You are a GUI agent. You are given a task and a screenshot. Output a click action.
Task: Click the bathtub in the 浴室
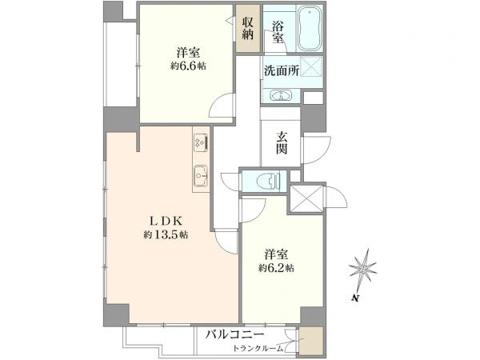point(309,28)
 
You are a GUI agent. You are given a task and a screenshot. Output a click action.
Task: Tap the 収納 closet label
point(248,29)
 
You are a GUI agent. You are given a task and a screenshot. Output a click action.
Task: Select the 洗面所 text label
point(282,71)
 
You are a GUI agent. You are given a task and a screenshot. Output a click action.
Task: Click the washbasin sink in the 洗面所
point(281,95)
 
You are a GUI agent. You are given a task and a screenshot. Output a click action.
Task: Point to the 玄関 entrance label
point(282,142)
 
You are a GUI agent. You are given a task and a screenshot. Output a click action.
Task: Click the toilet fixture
point(270,181)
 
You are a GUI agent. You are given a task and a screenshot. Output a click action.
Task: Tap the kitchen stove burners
point(201,142)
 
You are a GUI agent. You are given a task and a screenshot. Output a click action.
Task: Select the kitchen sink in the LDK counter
point(201,176)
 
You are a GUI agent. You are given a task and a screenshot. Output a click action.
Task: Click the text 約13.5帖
point(166,234)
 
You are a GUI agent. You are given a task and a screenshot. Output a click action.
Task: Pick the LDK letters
point(166,221)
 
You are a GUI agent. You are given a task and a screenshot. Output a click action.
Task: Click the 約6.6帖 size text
point(188,66)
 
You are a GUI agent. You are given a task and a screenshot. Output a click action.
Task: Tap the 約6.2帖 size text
point(276,268)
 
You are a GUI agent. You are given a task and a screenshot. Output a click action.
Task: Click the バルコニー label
point(234,334)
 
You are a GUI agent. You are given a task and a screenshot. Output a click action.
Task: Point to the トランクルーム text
point(258,348)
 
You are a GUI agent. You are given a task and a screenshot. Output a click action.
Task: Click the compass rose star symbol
point(363,270)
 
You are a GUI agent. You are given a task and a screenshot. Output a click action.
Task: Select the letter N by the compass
point(354,298)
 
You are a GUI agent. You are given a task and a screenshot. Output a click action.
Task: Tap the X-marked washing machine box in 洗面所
point(311,66)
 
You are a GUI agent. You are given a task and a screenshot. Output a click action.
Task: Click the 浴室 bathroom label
point(278,32)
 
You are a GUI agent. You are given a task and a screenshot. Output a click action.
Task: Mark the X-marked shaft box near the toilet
point(306,198)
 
